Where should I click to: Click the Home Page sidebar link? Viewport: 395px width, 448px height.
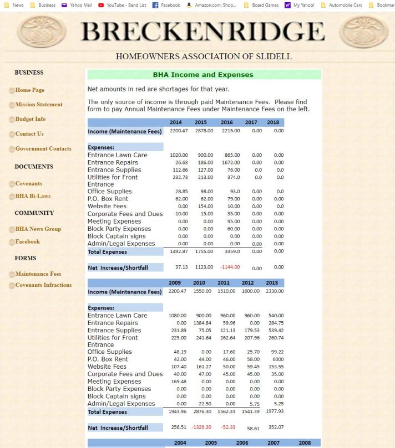pos(30,90)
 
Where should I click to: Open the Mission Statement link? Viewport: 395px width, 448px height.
pos(39,105)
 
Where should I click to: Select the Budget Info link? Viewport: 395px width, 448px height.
pos(31,119)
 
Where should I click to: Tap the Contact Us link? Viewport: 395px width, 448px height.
pos(29,134)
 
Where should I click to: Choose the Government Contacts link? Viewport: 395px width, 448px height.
pos(43,148)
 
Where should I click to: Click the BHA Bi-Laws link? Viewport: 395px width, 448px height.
pos(33,197)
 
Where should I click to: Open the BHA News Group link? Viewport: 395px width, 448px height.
pos(38,229)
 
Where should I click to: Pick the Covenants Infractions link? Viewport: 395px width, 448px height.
pos(43,285)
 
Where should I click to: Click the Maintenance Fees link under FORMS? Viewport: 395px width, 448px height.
pos(38,274)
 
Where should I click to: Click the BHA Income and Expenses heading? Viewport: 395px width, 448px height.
pos(203,75)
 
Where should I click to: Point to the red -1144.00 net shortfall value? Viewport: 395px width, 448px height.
pos(229,267)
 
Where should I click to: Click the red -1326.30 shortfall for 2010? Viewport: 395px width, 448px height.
pos(201,427)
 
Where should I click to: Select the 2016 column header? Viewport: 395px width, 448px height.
pos(226,122)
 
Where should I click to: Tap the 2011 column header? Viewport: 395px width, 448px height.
pos(223,283)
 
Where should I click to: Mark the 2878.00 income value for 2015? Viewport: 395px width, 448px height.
pos(204,131)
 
